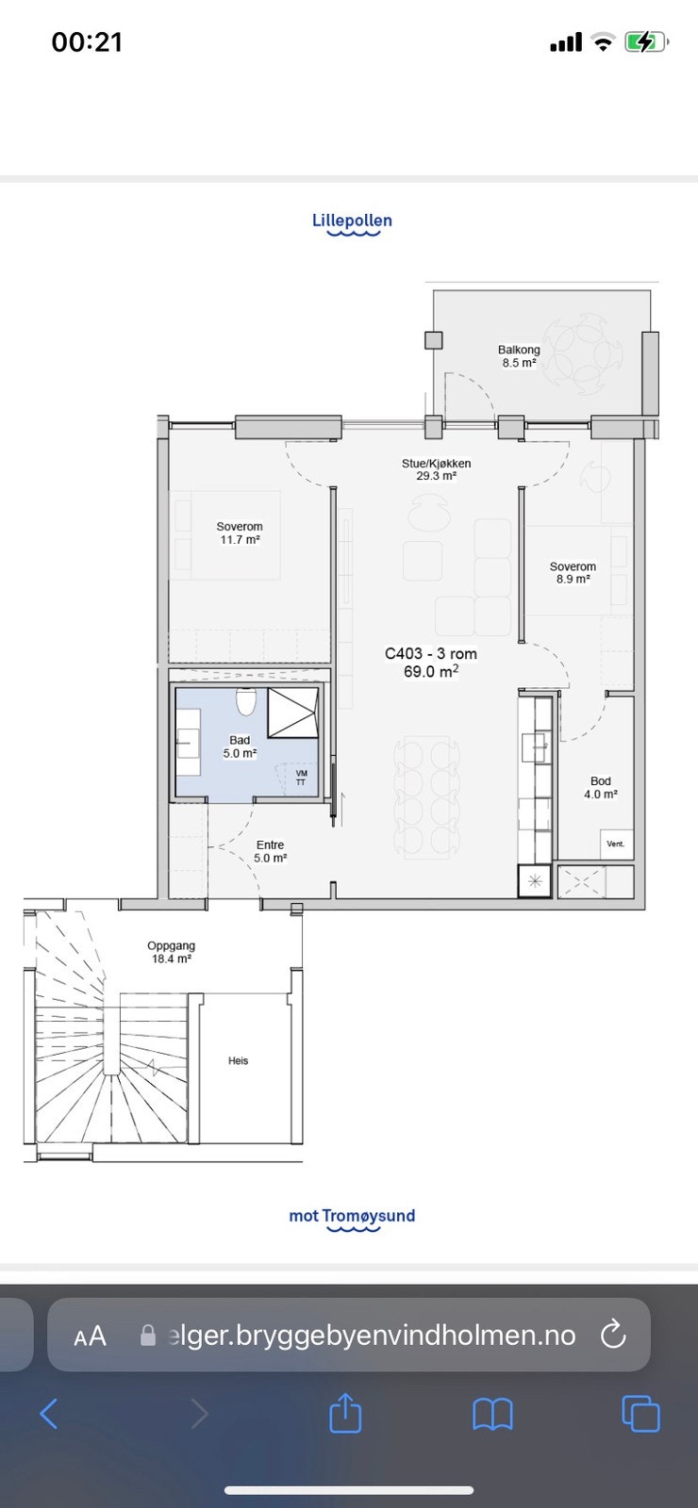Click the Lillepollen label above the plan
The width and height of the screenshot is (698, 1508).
click(x=352, y=221)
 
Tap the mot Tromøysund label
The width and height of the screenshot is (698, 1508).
click(x=352, y=1215)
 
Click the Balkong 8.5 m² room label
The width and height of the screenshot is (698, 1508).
click(x=519, y=356)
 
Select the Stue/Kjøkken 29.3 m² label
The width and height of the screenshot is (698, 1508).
click(x=436, y=469)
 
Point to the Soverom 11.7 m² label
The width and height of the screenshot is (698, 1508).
click(x=240, y=533)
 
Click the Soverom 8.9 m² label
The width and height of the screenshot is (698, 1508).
click(x=573, y=573)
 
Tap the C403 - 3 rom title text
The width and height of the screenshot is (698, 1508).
click(x=430, y=653)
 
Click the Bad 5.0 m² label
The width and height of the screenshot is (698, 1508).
click(x=240, y=746)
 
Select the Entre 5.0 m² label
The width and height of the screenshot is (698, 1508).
click(x=270, y=852)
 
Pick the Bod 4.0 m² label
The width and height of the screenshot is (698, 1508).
click(x=600, y=787)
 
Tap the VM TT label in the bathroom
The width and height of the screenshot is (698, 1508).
click(x=301, y=778)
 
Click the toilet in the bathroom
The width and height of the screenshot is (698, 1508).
click(x=246, y=701)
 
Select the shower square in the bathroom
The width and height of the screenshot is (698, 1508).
click(x=293, y=713)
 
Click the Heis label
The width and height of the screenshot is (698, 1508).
click(x=238, y=1060)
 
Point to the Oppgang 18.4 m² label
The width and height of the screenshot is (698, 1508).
click(x=171, y=952)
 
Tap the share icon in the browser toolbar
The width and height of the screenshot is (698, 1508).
click(x=345, y=1413)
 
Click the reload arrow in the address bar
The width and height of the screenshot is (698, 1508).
click(x=613, y=1335)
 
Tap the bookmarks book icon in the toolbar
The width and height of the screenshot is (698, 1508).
click(x=492, y=1414)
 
